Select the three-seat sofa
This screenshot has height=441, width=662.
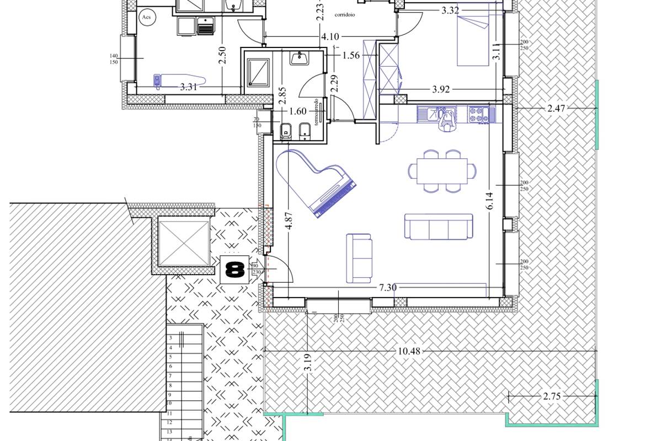pos(439,227)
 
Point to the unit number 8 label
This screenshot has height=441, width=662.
pos(234,270)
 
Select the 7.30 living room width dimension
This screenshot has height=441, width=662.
pos(387,287)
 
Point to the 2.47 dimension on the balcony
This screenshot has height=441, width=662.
pos(556,109)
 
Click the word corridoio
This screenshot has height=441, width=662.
pos(344,15)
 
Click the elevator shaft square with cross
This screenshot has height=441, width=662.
pos(184,243)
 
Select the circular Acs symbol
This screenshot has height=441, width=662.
pos(147,17)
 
